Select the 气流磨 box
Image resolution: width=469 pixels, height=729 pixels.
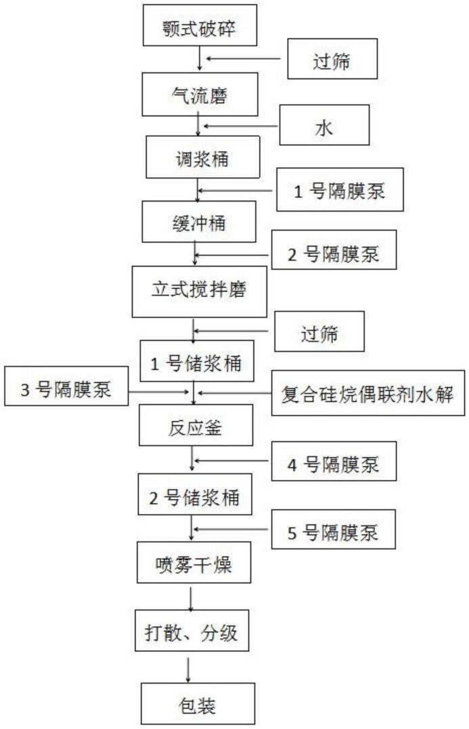coord(198,95)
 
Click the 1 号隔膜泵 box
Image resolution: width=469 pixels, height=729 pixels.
coord(340,191)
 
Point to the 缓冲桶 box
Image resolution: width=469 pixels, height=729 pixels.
coord(199,222)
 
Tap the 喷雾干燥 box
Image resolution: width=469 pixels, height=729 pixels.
coord(194,565)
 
